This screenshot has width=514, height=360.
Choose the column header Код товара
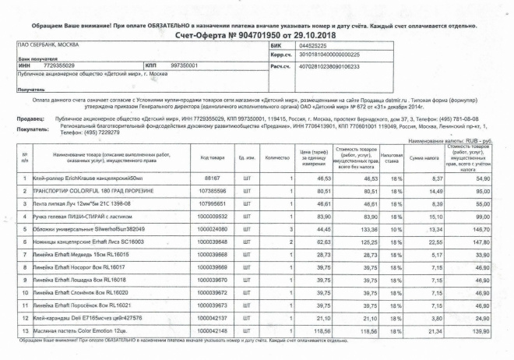coord(212,158)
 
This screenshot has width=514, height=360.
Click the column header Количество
coord(277,158)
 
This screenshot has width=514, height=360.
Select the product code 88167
coord(212,178)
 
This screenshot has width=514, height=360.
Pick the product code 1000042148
coord(212,330)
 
